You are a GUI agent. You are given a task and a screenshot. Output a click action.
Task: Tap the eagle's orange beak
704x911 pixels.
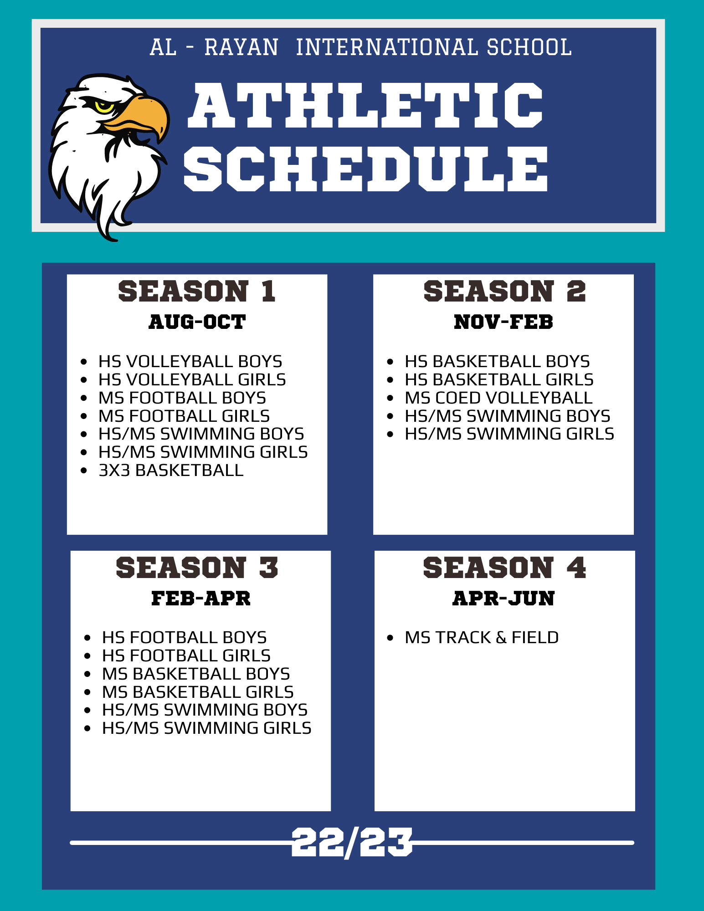(x=137, y=116)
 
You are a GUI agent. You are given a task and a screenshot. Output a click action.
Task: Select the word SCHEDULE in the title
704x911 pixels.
(x=365, y=169)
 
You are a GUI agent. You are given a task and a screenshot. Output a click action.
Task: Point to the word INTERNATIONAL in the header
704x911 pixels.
(x=387, y=47)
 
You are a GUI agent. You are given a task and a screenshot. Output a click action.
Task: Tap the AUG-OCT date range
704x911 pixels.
(x=197, y=322)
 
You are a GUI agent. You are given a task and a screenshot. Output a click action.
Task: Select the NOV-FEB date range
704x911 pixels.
(x=504, y=322)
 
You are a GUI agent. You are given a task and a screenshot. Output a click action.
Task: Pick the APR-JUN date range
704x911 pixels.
(x=504, y=598)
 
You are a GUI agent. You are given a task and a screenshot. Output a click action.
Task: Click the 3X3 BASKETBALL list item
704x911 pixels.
(x=171, y=470)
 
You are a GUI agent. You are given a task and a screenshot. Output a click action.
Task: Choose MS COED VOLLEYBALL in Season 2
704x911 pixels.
(x=498, y=398)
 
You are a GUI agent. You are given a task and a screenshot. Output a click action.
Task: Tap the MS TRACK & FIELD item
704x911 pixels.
(x=482, y=637)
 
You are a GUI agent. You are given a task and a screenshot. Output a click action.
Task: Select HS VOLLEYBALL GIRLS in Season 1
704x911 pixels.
(x=192, y=379)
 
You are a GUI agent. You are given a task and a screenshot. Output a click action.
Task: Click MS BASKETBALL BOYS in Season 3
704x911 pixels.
(x=196, y=674)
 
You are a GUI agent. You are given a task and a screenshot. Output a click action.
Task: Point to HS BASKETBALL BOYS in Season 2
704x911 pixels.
(x=497, y=361)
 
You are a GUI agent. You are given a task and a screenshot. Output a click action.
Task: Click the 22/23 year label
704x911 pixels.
(x=352, y=843)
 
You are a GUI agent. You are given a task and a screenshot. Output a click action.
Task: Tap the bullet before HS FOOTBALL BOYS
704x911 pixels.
(x=87, y=638)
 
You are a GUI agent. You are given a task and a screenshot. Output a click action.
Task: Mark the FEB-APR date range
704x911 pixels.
(x=201, y=598)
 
